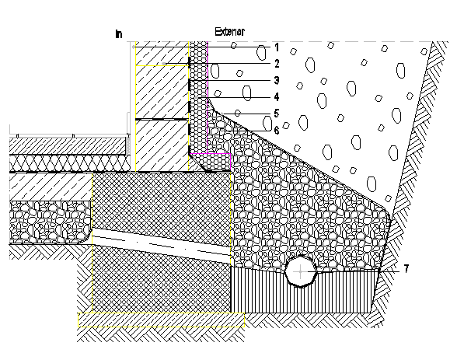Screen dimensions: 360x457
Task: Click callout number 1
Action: pyautogui.click(x=276, y=47)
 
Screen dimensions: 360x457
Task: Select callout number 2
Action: pyautogui.click(x=276, y=63)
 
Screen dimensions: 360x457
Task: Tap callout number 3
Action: pyautogui.click(x=276, y=80)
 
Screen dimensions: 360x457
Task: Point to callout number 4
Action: pyautogui.click(x=276, y=97)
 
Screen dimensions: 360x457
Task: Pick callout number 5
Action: pyautogui.click(x=276, y=114)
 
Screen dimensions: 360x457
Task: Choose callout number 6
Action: pyautogui.click(x=276, y=131)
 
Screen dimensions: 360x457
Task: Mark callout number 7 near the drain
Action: pyautogui.click(x=405, y=269)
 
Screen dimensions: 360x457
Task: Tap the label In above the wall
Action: pyautogui.click(x=118, y=34)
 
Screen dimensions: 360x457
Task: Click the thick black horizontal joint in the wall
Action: pyautogui.click(x=162, y=120)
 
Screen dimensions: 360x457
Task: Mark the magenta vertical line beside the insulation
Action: pyautogui.click(x=208, y=78)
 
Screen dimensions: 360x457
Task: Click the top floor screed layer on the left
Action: pyautogui.click(x=62, y=144)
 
